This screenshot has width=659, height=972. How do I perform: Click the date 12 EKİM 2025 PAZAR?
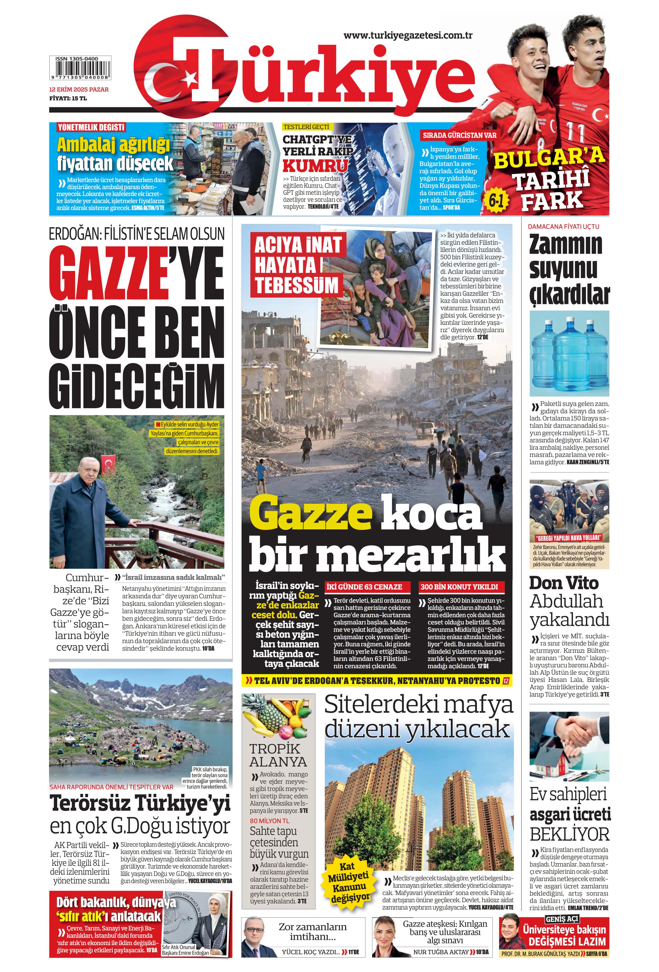79,89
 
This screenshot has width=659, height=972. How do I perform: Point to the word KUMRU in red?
315,165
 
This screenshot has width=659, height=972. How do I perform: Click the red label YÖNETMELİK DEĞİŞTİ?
91,127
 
